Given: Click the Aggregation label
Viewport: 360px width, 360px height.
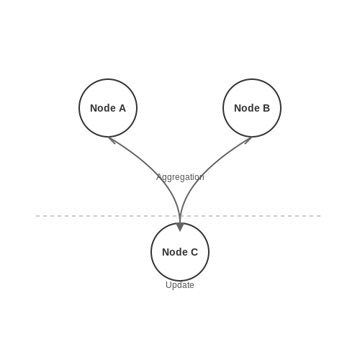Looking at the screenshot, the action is tap(180, 177).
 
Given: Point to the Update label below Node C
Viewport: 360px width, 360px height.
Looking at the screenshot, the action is tap(180, 285).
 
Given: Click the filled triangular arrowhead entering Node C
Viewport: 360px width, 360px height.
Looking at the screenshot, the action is tap(180, 227).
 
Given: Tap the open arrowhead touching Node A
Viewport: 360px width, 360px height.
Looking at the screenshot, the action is tap(112, 140).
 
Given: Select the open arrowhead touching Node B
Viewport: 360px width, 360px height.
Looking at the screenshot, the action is tap(248, 140).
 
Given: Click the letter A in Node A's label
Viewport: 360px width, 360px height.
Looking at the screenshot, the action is tap(122, 108).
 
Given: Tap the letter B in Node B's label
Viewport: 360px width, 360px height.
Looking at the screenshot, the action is tap(266, 108).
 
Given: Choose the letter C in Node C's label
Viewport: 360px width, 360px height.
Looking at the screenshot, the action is tap(194, 252).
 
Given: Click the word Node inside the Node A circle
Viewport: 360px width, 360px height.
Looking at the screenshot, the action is tap(103, 108).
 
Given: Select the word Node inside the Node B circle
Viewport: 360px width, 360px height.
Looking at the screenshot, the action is tap(247, 108).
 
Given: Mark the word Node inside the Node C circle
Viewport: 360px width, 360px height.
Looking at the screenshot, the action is tap(175, 252).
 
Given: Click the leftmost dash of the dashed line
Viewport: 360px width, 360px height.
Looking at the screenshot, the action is tap(37, 216).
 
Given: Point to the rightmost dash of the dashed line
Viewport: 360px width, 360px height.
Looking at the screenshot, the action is tap(319, 216).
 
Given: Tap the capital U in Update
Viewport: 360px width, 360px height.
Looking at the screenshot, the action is tap(168, 284).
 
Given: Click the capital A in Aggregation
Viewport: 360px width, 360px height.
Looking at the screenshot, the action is tap(159, 177).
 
